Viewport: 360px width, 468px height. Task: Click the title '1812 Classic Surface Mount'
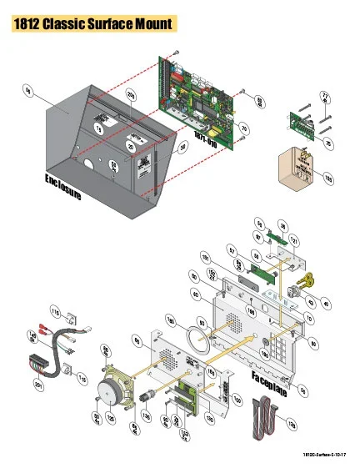click(93, 24)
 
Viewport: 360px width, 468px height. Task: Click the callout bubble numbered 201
click(38, 384)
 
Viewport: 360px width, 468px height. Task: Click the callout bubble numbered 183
click(327, 178)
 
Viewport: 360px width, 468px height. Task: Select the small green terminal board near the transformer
click(304, 123)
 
